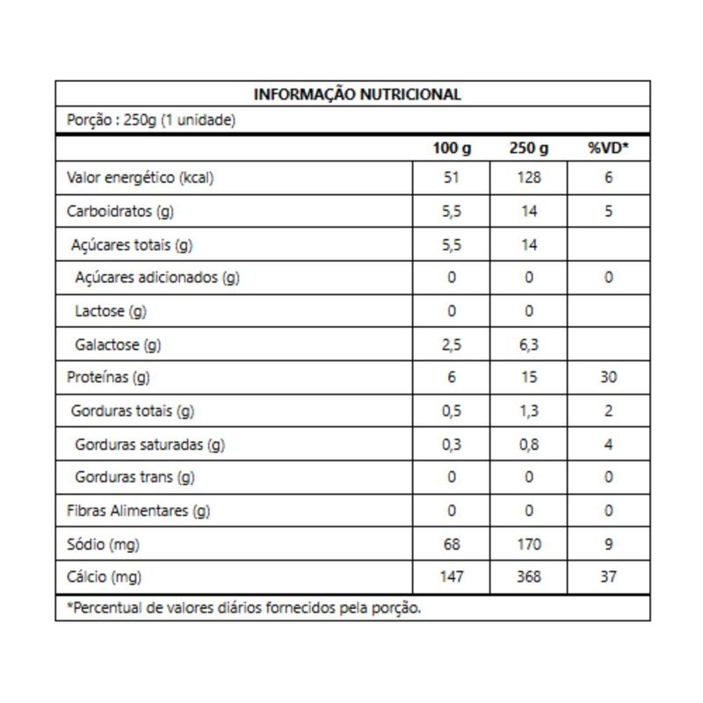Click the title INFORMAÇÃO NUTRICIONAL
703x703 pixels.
(x=357, y=95)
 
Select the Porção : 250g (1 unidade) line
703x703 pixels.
(x=151, y=121)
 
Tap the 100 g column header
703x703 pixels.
(x=452, y=149)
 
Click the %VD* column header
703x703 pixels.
(x=609, y=149)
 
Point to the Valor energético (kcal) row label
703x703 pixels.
(x=141, y=178)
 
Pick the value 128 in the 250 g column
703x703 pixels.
(x=528, y=178)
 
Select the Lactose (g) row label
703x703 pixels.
(x=112, y=311)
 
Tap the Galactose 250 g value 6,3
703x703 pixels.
(x=528, y=344)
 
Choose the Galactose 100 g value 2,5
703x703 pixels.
(x=452, y=344)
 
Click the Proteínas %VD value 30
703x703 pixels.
(x=609, y=378)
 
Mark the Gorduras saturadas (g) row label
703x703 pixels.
(x=150, y=445)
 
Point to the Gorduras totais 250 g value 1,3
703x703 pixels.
(x=528, y=411)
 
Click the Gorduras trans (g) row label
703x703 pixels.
(x=135, y=478)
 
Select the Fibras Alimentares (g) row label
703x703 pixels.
(x=139, y=511)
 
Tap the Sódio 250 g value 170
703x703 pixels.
(x=528, y=545)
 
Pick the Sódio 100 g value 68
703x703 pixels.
(x=452, y=545)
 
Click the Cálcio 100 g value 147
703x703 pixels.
(x=452, y=577)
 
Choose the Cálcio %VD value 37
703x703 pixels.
(x=609, y=577)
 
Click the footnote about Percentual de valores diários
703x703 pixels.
(x=244, y=608)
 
